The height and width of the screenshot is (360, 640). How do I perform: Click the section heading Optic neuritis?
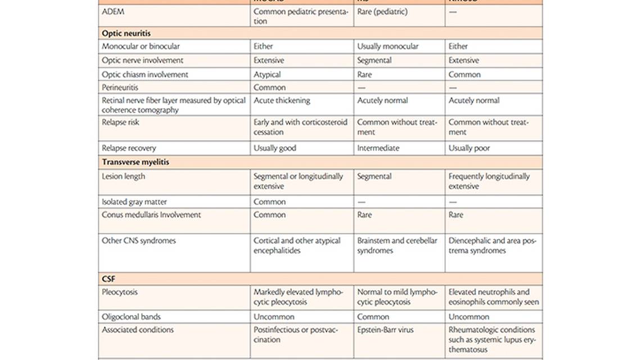(126, 33)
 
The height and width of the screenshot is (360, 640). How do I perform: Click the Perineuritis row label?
(120, 87)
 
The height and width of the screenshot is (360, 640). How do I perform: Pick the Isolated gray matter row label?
(134, 201)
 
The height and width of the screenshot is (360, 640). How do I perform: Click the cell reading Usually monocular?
(387, 46)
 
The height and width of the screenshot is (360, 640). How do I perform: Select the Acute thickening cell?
(282, 100)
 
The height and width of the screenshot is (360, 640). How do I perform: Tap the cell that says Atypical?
(267, 74)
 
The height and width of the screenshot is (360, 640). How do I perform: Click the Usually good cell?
(274, 148)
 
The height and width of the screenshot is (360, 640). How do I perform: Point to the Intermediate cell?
(378, 148)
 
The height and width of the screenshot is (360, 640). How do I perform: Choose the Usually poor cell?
(469, 148)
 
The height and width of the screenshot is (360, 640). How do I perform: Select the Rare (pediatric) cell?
(382, 11)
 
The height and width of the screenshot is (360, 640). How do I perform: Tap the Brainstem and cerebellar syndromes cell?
(397, 245)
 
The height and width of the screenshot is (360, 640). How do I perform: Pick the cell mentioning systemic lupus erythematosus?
(492, 339)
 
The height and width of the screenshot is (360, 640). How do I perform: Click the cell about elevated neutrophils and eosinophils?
(493, 297)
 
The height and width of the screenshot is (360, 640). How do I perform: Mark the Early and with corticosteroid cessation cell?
(300, 127)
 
